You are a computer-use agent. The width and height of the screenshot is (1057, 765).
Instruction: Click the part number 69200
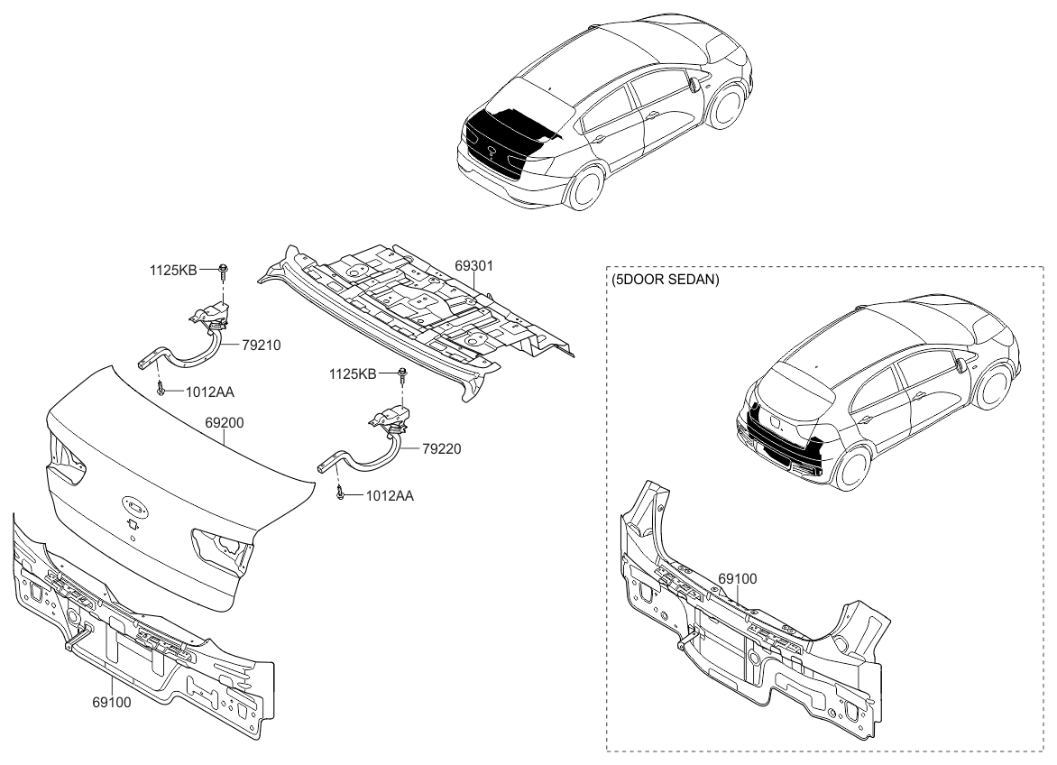[x=225, y=422]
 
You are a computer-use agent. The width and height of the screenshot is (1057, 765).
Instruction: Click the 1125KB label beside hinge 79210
[x=173, y=269]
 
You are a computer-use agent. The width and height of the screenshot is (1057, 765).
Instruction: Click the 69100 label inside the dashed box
[x=738, y=578]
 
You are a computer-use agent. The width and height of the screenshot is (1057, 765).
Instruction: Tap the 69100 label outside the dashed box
[x=111, y=701]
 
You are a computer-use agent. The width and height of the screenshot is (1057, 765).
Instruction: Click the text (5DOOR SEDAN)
[x=665, y=281]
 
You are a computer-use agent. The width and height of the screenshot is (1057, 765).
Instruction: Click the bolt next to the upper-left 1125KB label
[x=222, y=268]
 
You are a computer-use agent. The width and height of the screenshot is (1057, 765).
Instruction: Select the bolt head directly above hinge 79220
[x=402, y=373]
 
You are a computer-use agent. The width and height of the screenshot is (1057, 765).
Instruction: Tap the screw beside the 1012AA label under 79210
[x=160, y=389]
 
